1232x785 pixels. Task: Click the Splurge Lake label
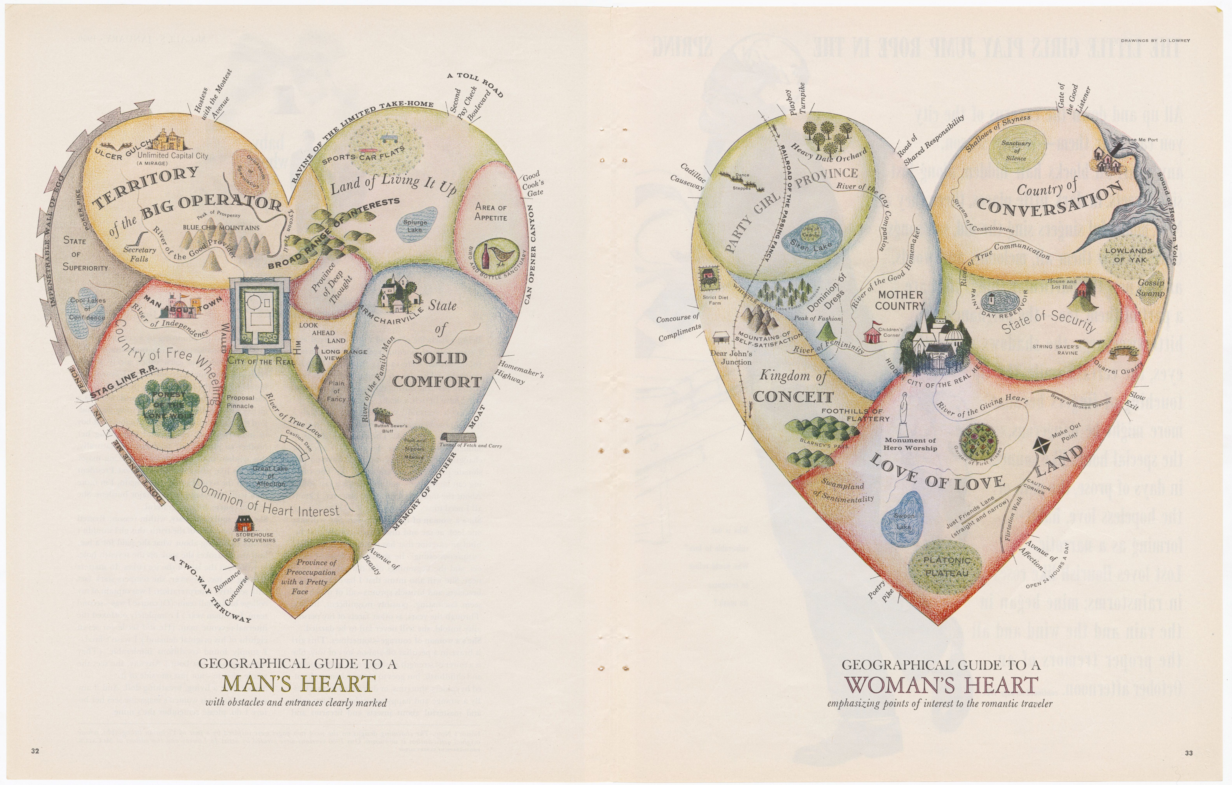[x=414, y=226]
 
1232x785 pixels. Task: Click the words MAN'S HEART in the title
[x=299, y=684]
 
